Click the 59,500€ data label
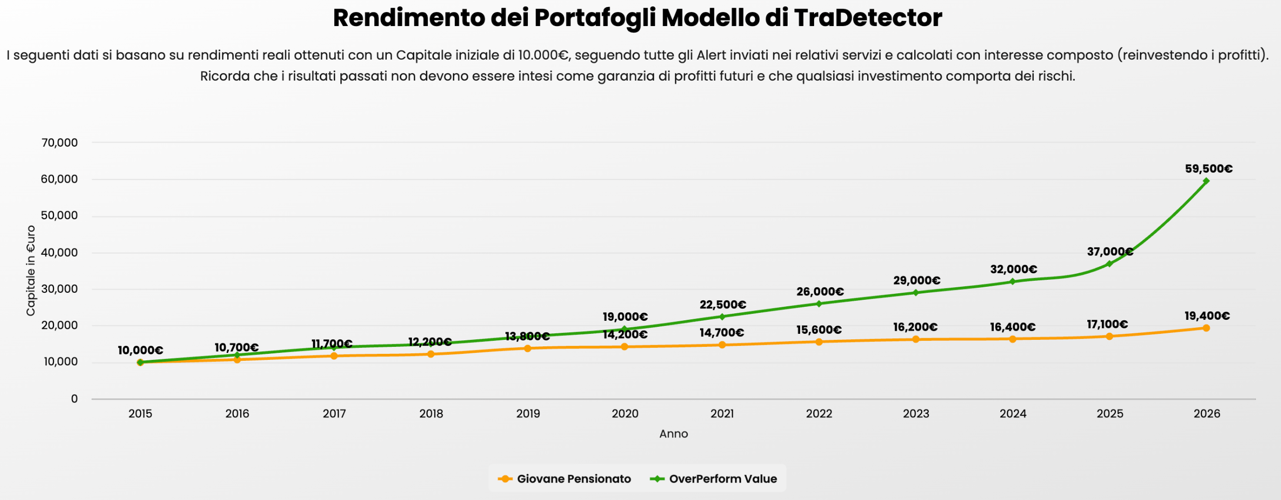(x=1208, y=169)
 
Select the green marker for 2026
(x=1206, y=181)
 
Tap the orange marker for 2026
(x=1206, y=328)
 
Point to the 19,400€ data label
(x=1207, y=316)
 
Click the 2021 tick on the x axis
(x=722, y=414)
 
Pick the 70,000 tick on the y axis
(x=60, y=143)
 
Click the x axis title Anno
(x=674, y=434)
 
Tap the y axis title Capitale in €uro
(x=31, y=270)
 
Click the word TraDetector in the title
(x=868, y=18)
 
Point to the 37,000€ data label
(x=1110, y=252)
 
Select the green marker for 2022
(x=819, y=304)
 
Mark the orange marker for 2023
(x=916, y=339)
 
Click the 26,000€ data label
(x=820, y=292)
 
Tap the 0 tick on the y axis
(x=74, y=399)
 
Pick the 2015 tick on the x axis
(x=140, y=414)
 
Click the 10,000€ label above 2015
(x=140, y=350)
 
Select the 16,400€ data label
(x=1013, y=327)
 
